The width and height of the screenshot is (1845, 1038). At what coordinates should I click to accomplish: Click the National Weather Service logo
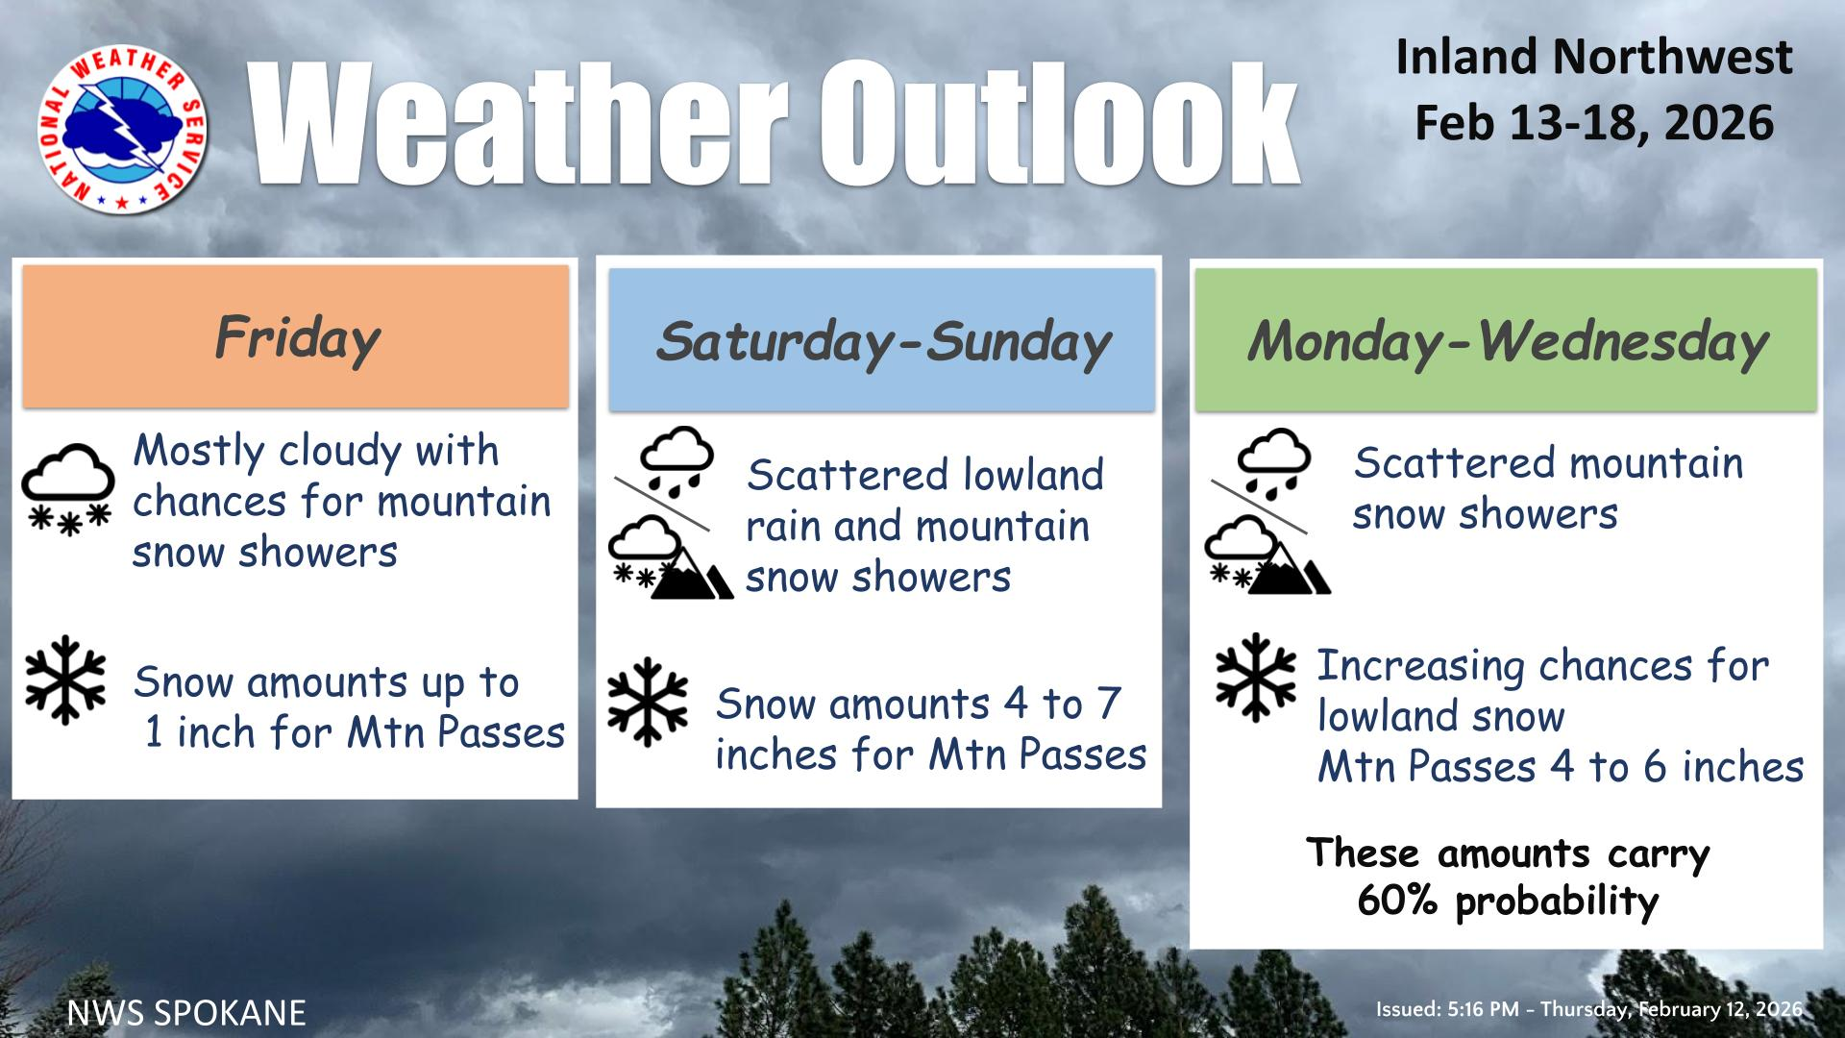click(x=122, y=130)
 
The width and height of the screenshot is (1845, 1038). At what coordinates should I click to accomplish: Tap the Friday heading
click(x=297, y=338)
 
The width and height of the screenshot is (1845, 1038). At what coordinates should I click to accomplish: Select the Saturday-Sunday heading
click(x=882, y=343)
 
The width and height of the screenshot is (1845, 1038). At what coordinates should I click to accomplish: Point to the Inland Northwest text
click(x=1593, y=57)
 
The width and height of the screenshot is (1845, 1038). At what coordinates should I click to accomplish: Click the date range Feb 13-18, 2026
click(x=1594, y=123)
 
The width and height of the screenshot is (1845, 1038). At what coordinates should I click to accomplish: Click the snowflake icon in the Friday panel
click(x=65, y=679)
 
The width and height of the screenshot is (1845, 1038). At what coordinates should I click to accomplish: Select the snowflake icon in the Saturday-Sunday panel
click(x=648, y=702)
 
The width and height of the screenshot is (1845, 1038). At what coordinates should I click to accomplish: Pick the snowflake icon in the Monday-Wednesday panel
click(x=1256, y=677)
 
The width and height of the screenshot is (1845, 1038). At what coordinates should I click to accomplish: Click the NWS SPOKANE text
click(x=186, y=1012)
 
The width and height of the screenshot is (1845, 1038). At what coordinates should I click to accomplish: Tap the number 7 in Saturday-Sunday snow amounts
click(x=1109, y=704)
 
